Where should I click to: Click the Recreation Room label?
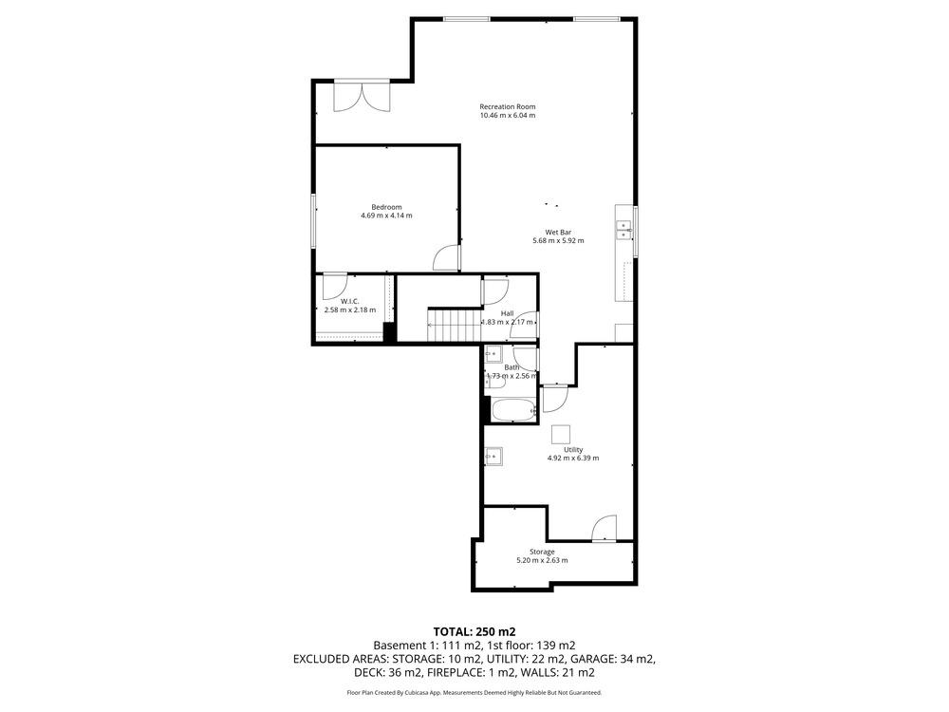[x=507, y=106]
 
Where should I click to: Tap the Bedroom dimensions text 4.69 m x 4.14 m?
[x=386, y=215]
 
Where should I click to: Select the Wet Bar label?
[x=558, y=232]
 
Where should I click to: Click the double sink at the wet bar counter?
[x=623, y=230]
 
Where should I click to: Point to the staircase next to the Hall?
[x=454, y=325]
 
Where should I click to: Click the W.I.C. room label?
[x=350, y=302]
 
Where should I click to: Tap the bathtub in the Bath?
[x=513, y=410]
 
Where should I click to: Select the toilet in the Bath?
[x=497, y=381]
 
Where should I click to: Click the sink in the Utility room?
[x=493, y=456]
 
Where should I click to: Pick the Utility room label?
[x=573, y=450]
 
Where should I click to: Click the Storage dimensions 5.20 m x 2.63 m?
[x=542, y=561]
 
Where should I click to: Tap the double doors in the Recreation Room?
[x=362, y=97]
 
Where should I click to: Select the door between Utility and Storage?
[x=604, y=528]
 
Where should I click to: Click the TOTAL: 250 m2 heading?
[x=474, y=632]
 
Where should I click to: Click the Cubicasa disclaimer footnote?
[x=474, y=693]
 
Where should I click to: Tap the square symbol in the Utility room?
[x=561, y=434]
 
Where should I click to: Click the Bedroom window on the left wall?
[x=313, y=220]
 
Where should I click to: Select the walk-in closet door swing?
[x=335, y=287]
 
